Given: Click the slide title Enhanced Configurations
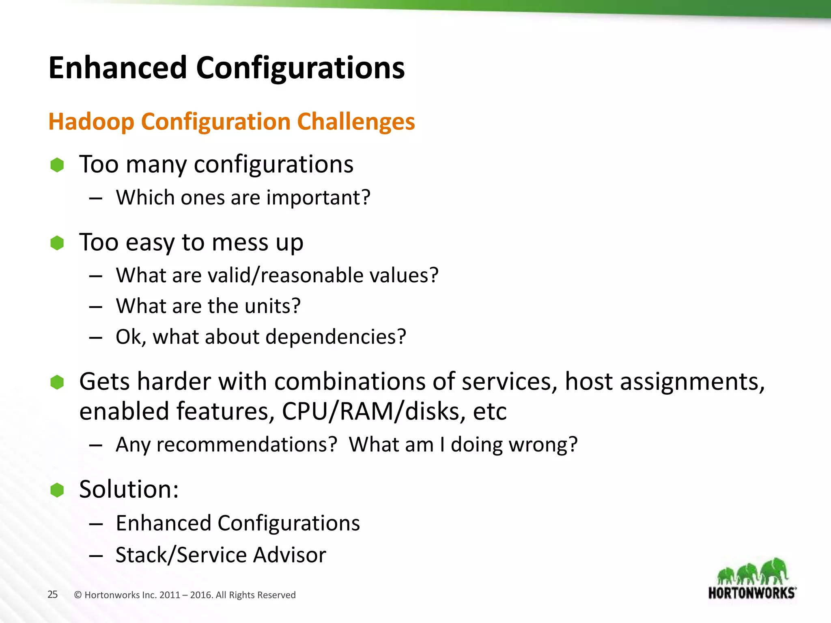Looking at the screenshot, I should click(x=226, y=68).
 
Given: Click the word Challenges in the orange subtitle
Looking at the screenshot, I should click(x=356, y=122).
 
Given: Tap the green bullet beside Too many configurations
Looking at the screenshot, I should click(x=57, y=165).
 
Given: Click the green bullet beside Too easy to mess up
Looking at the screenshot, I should click(x=57, y=243).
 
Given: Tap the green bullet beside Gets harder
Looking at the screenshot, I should click(x=57, y=382).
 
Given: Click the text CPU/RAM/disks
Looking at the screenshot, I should click(x=370, y=411).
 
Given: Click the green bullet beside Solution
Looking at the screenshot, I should click(x=57, y=490).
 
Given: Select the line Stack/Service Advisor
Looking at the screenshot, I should click(x=220, y=555).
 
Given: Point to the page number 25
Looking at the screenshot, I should click(x=52, y=595).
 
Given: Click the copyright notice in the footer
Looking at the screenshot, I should click(x=185, y=595).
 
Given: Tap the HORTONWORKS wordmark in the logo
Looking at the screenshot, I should click(x=752, y=593).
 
